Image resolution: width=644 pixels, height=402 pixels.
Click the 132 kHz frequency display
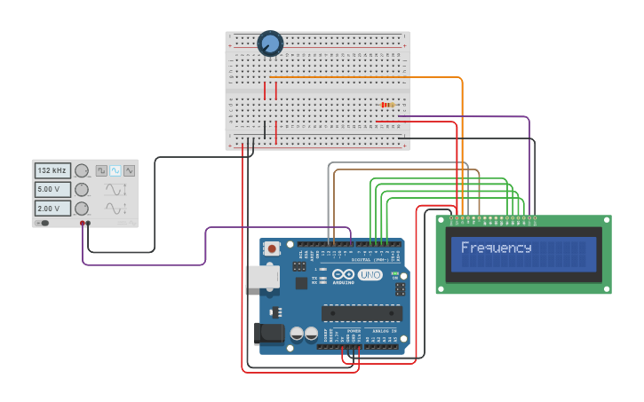tap(52, 170)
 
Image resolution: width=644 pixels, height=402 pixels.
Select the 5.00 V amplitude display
tap(52, 190)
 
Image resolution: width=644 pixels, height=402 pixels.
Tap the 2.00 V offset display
tap(52, 209)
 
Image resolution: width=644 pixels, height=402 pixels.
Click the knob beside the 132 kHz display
tap(82, 170)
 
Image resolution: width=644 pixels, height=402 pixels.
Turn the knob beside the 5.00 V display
tap(82, 190)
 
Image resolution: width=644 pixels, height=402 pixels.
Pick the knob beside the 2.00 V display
tap(82, 209)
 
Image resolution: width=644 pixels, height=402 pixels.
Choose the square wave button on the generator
tap(101, 170)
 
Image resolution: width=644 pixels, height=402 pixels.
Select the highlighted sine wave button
tap(115, 170)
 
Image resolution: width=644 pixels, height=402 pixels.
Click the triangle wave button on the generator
tap(130, 170)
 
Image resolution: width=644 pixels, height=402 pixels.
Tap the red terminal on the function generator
tap(83, 224)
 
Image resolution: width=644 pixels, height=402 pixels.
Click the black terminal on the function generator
tap(88, 224)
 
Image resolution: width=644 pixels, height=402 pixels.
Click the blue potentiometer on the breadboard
tap(270, 43)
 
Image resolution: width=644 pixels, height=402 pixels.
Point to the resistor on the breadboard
tap(387, 105)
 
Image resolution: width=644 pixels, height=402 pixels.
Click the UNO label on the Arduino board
tap(370, 275)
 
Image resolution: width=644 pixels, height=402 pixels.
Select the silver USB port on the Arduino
tap(263, 277)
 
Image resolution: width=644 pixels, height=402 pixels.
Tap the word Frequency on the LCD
tap(496, 248)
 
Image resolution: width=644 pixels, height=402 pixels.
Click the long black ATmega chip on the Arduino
tap(362, 312)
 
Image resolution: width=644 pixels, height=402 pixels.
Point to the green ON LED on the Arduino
tap(396, 255)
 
